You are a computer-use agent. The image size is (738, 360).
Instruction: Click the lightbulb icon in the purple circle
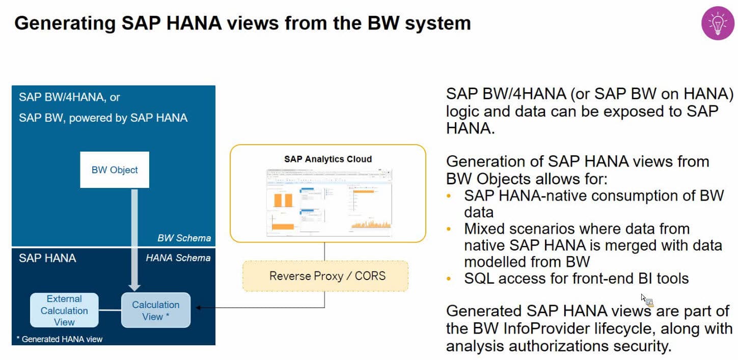(x=718, y=23)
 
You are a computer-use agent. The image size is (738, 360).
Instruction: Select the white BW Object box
(x=115, y=170)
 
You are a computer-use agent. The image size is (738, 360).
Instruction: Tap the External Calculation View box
(x=64, y=310)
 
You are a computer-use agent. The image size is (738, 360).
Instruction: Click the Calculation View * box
(x=155, y=310)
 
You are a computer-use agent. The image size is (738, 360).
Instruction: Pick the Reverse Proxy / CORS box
(x=325, y=276)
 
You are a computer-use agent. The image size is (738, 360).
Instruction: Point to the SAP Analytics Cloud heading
(x=327, y=159)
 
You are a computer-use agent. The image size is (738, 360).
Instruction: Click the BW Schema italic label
(x=184, y=238)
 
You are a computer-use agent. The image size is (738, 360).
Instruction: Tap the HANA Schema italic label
(x=178, y=258)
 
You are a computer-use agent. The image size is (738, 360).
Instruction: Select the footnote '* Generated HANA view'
(x=59, y=339)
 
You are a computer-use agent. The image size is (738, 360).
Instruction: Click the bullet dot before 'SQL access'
(x=449, y=279)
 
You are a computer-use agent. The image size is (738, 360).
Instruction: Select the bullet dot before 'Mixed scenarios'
(x=449, y=229)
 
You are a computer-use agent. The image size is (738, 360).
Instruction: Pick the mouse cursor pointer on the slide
(x=645, y=299)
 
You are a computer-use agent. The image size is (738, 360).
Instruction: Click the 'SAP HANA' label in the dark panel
(x=47, y=258)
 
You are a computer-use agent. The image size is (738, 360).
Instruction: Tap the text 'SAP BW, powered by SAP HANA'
(x=103, y=118)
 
